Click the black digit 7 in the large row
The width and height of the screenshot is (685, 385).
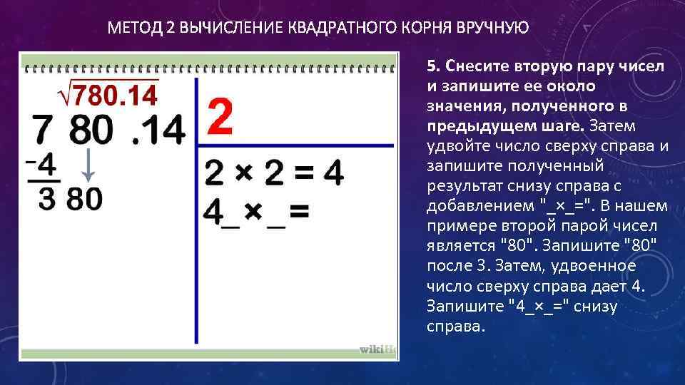[x=44, y=130]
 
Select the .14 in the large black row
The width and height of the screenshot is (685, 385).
[x=158, y=130]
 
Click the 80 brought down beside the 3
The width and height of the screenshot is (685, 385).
[x=85, y=199]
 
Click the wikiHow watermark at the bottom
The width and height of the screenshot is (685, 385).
[x=376, y=349]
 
